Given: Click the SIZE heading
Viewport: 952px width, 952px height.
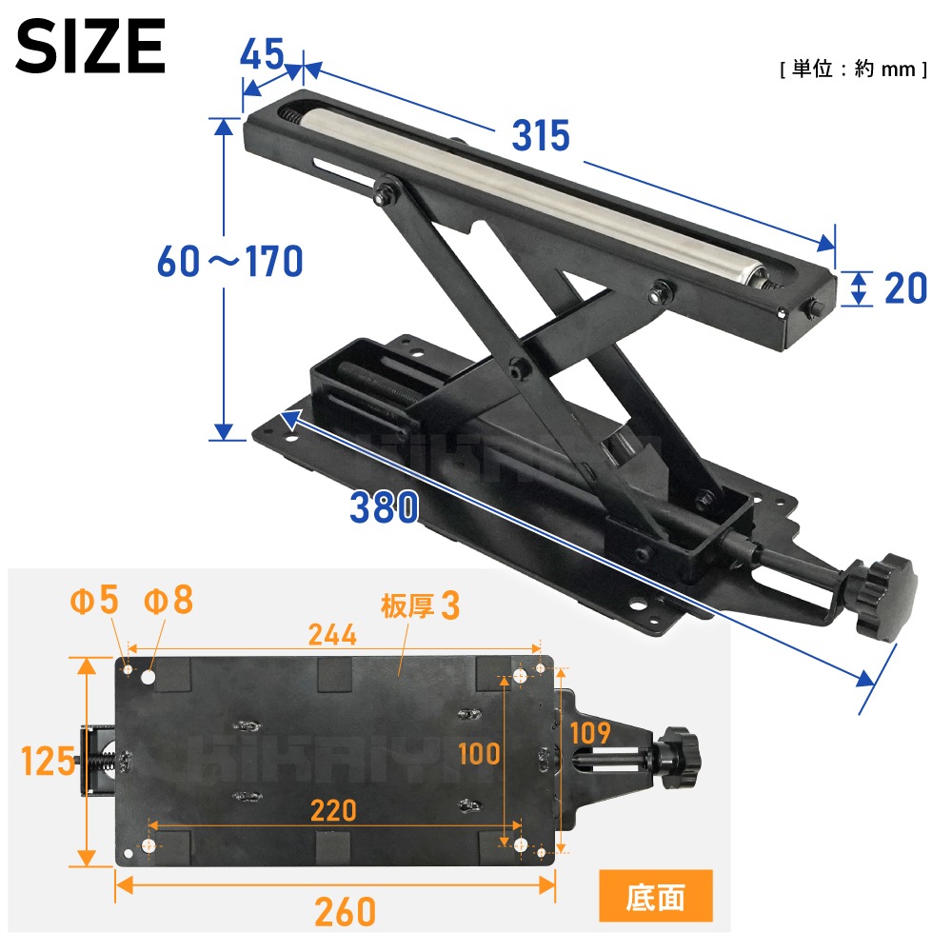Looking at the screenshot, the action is (x=90, y=46).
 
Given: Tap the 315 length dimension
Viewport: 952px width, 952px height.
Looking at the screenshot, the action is (x=541, y=135).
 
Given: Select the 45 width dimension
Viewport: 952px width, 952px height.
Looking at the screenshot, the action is (x=262, y=53).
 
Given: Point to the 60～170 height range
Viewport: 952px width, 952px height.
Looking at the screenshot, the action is (x=230, y=261).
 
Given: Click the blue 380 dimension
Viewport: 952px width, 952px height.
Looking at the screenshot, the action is (x=385, y=507).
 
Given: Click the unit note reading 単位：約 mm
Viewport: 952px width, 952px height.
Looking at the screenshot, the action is (x=854, y=69).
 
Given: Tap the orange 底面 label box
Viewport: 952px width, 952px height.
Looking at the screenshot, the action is (x=656, y=896).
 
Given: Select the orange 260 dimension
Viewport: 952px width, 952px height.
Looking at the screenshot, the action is (x=345, y=911).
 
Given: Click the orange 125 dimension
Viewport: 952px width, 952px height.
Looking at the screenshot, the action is (x=48, y=761).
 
